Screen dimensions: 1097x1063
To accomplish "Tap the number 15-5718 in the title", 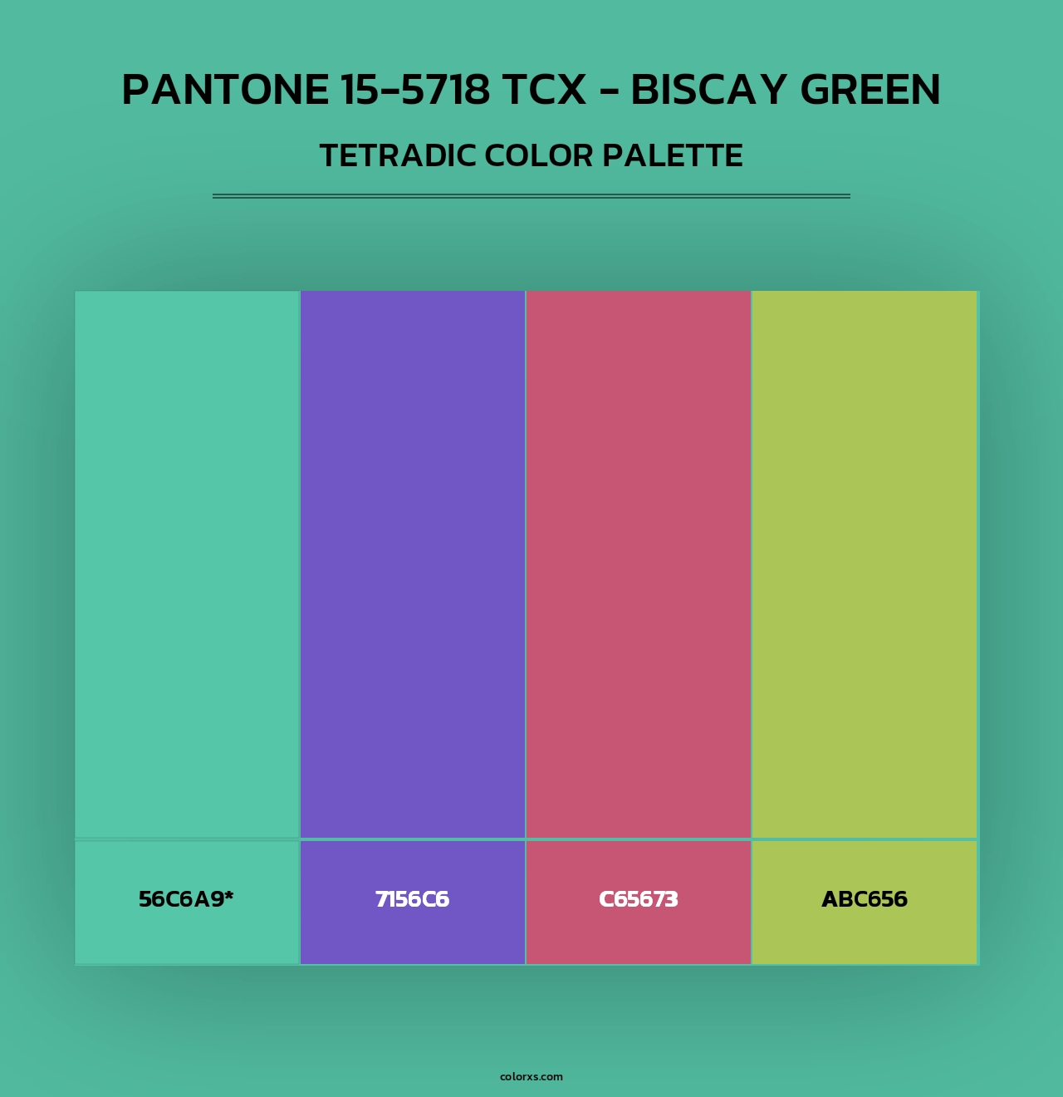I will tap(415, 90).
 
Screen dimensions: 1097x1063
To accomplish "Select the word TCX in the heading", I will tap(543, 90).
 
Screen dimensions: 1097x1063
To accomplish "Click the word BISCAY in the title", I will tap(708, 90).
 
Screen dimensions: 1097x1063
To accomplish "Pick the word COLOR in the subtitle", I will tap(530, 156).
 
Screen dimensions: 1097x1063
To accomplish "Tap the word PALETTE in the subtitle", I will tap(672, 156).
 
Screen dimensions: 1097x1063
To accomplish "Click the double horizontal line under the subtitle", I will tap(531, 196).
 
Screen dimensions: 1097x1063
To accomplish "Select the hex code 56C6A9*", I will tap(186, 899).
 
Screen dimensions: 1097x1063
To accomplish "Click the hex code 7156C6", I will tap(413, 899).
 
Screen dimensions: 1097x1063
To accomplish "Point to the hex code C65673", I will tap(639, 899).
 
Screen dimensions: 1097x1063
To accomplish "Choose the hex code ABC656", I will tap(865, 899).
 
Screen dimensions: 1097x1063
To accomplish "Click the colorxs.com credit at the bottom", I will tap(531, 1076).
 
